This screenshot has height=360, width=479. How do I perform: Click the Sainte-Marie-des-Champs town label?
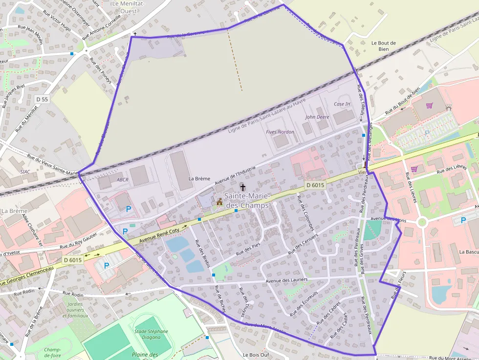pos(246,201)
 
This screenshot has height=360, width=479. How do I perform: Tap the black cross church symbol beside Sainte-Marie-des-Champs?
pos(242,187)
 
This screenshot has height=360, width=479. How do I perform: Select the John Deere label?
pos(317,117)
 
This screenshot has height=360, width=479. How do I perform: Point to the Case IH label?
pos(342,104)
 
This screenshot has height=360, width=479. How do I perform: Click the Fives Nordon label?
pos(280,132)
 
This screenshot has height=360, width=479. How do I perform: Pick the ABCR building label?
pos(122,179)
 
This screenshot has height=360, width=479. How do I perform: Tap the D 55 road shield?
pos(43,99)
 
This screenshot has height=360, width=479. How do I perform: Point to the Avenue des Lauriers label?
pos(286,280)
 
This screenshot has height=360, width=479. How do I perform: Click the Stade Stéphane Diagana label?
pos(151,335)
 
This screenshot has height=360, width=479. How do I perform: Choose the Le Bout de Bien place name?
pos(384,46)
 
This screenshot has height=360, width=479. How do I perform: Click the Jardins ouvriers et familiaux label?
pos(75,310)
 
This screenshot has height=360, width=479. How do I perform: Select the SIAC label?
pos(25,172)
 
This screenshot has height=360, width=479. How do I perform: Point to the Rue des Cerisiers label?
pos(303,243)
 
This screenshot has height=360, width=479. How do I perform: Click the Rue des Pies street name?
pos(248,249)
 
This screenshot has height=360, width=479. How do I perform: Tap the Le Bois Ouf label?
pos(256,355)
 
